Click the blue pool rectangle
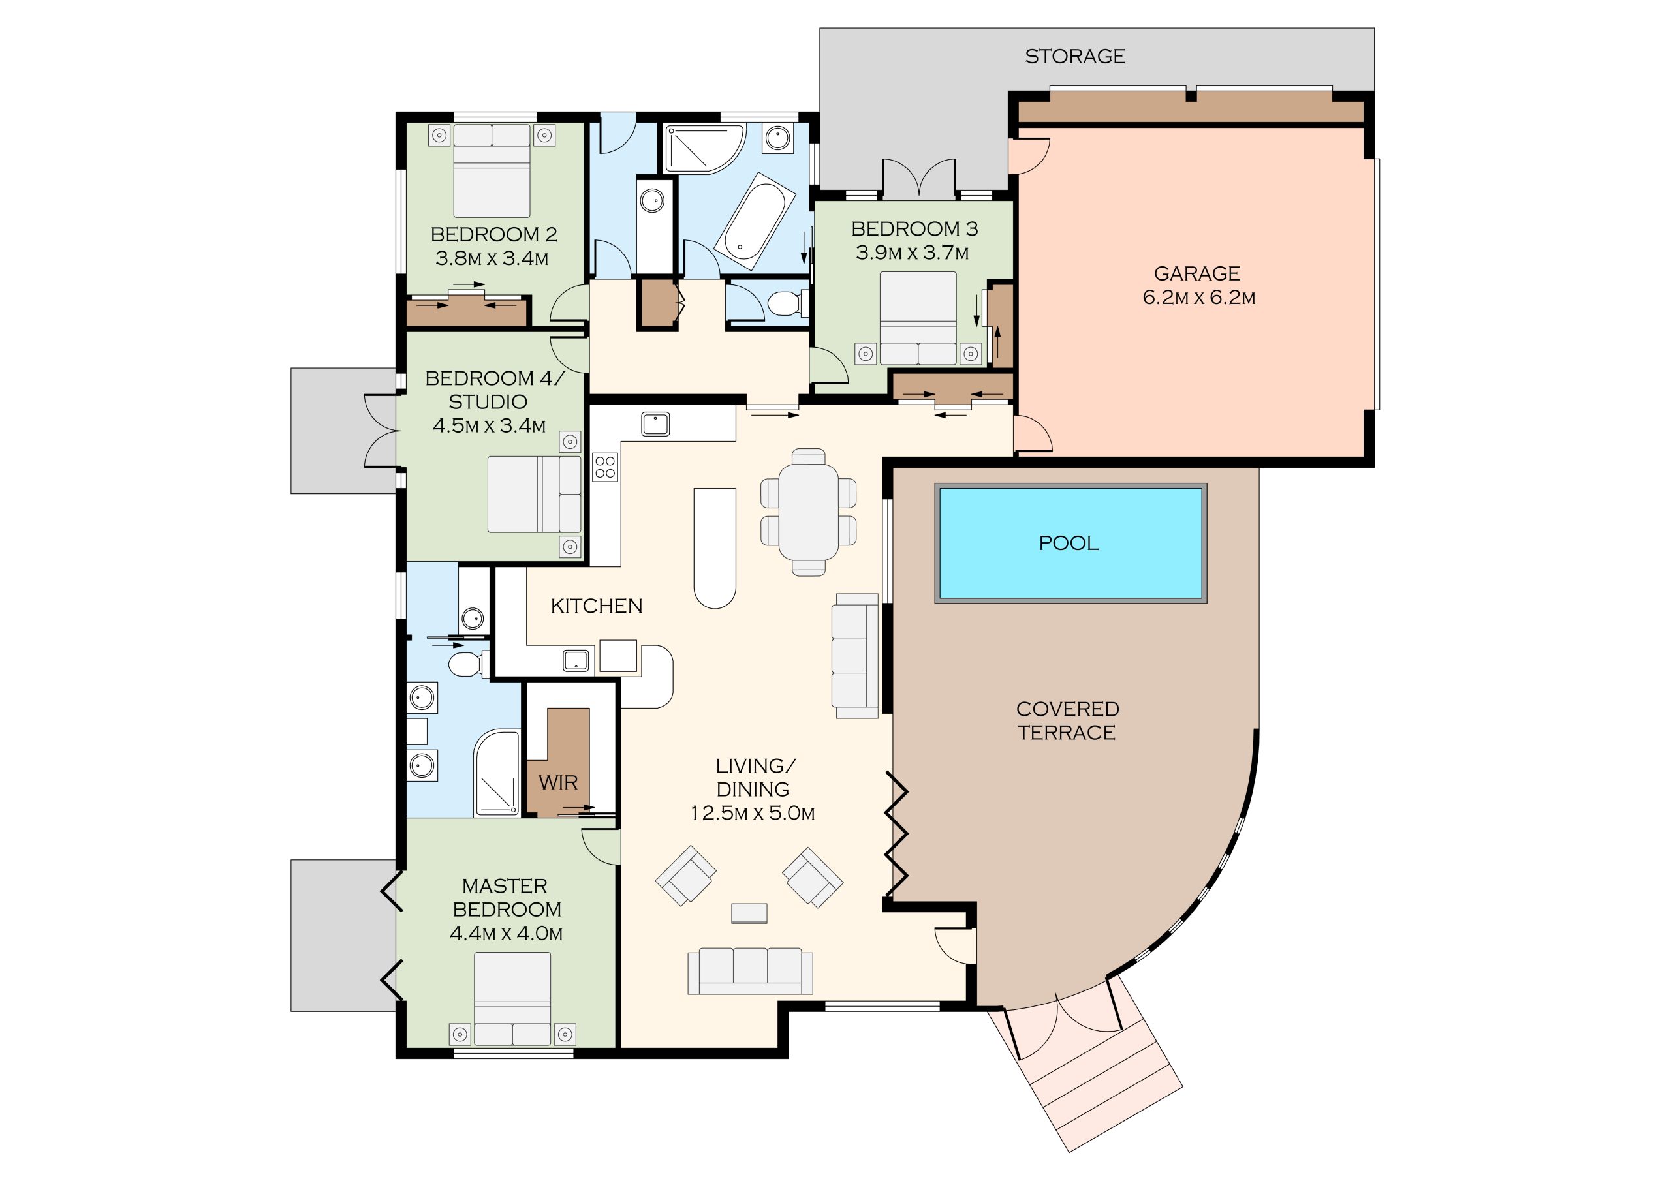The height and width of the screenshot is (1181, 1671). pos(1070,543)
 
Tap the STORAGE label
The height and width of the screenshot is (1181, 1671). pos(1075,56)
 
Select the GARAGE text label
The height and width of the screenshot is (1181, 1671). pos(1197,273)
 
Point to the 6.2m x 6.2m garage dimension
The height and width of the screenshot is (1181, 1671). pos(1198,298)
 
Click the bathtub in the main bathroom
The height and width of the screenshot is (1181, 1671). pos(755,216)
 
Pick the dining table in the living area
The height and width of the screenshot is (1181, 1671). pos(809,512)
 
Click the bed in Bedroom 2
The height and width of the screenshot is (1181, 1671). pos(492,171)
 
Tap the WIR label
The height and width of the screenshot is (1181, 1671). pos(558,782)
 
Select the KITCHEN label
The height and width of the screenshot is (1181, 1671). pos(597,606)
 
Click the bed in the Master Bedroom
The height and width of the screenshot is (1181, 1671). pos(512,999)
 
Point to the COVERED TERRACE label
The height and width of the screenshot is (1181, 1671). pos(1068,720)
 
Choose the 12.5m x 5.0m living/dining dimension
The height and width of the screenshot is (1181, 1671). pos(753,813)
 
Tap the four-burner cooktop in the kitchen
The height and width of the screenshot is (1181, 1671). pos(606,467)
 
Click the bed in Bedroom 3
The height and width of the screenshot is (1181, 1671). pos(918,318)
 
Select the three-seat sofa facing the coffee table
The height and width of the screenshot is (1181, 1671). pos(751,971)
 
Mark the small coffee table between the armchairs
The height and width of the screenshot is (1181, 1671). pos(749,913)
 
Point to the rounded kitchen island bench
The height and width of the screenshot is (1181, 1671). pos(715,548)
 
